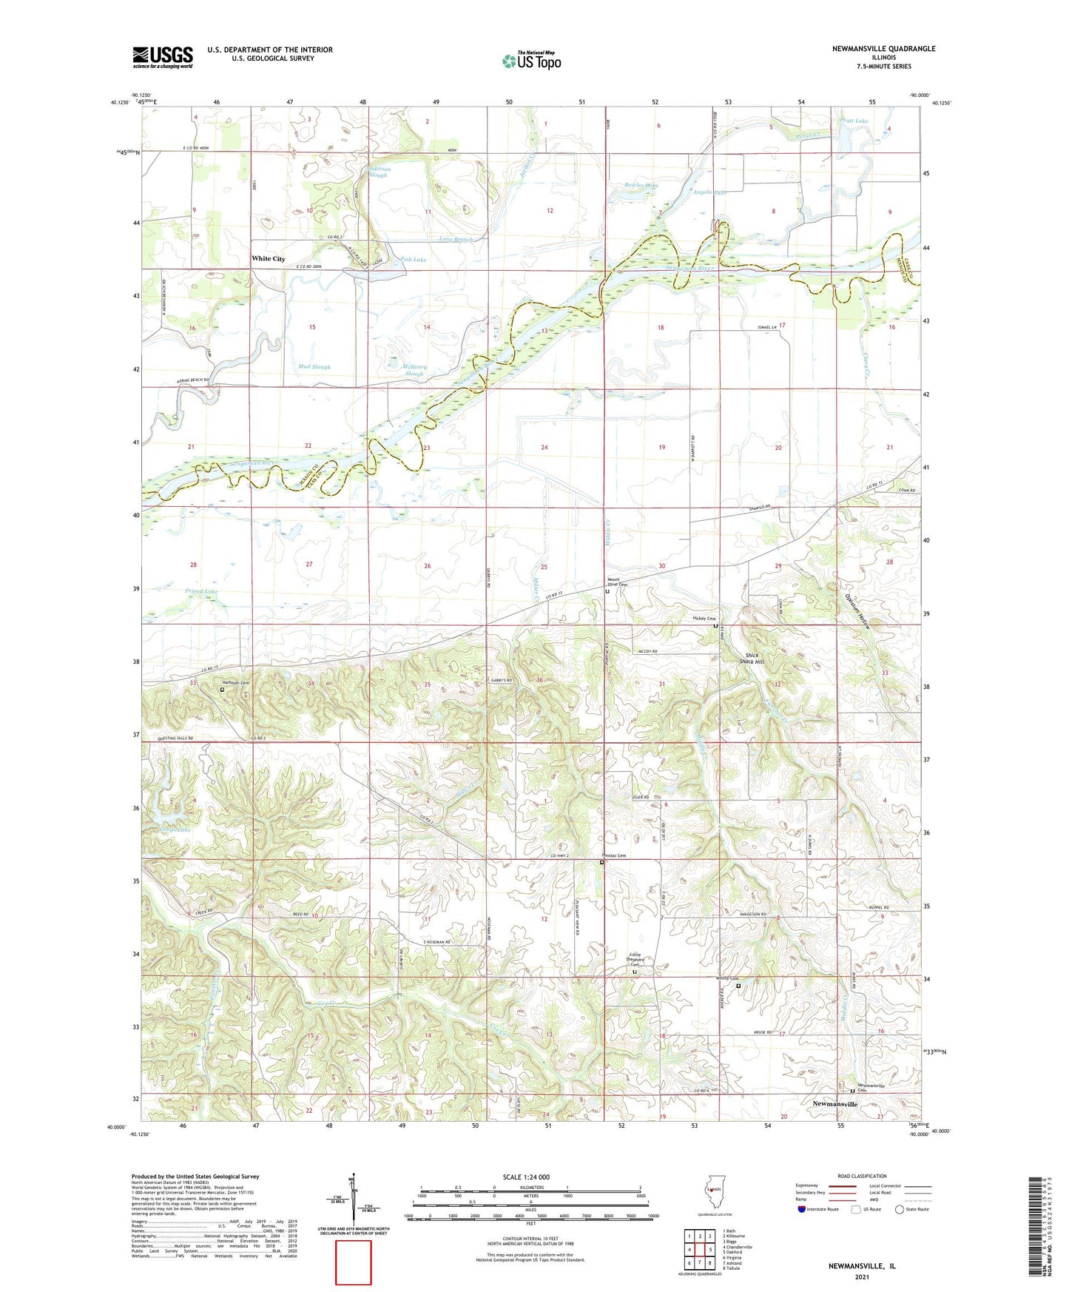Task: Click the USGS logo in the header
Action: tap(163, 57)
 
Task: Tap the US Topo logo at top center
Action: tap(531, 60)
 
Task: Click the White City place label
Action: tap(268, 258)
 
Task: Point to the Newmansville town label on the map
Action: tap(834, 1103)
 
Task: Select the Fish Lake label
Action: tap(414, 260)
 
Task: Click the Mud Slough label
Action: tap(314, 366)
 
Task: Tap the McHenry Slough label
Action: tap(414, 370)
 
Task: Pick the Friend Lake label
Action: tap(201, 591)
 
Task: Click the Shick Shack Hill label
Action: tap(752, 659)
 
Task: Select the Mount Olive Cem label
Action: tap(617, 582)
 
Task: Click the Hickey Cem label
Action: tap(704, 619)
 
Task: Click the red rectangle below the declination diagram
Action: tap(353, 1262)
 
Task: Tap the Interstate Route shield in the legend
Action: tap(802, 1209)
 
